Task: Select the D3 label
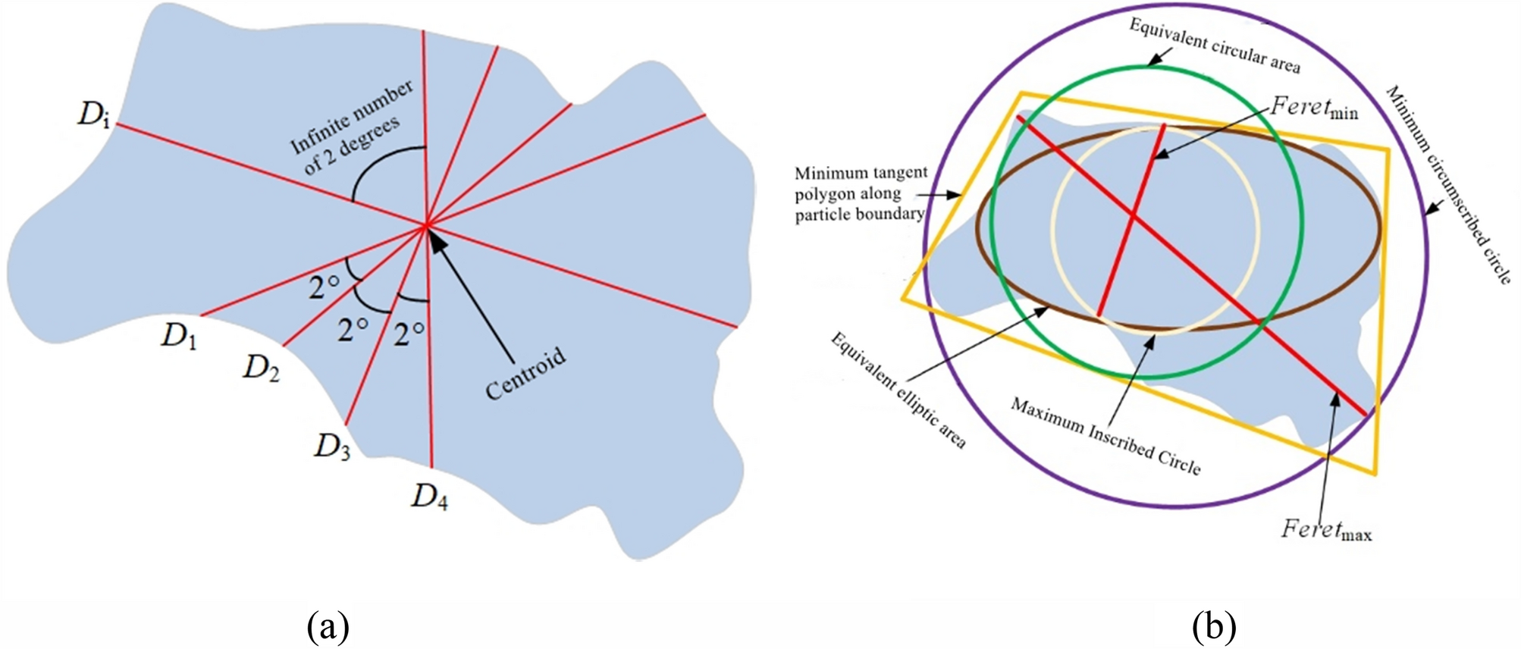point(332,447)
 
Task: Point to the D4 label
point(430,497)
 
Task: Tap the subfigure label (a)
point(328,627)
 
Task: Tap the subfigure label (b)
point(1214,627)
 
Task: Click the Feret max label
point(1326,529)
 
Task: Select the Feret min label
point(1314,108)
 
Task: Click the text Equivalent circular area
point(1215,45)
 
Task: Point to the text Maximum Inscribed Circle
point(1105,436)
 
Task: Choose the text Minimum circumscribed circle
point(1448,184)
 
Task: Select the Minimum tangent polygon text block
point(861,193)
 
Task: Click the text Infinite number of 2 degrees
point(351,127)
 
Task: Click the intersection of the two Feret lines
point(1133,217)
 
